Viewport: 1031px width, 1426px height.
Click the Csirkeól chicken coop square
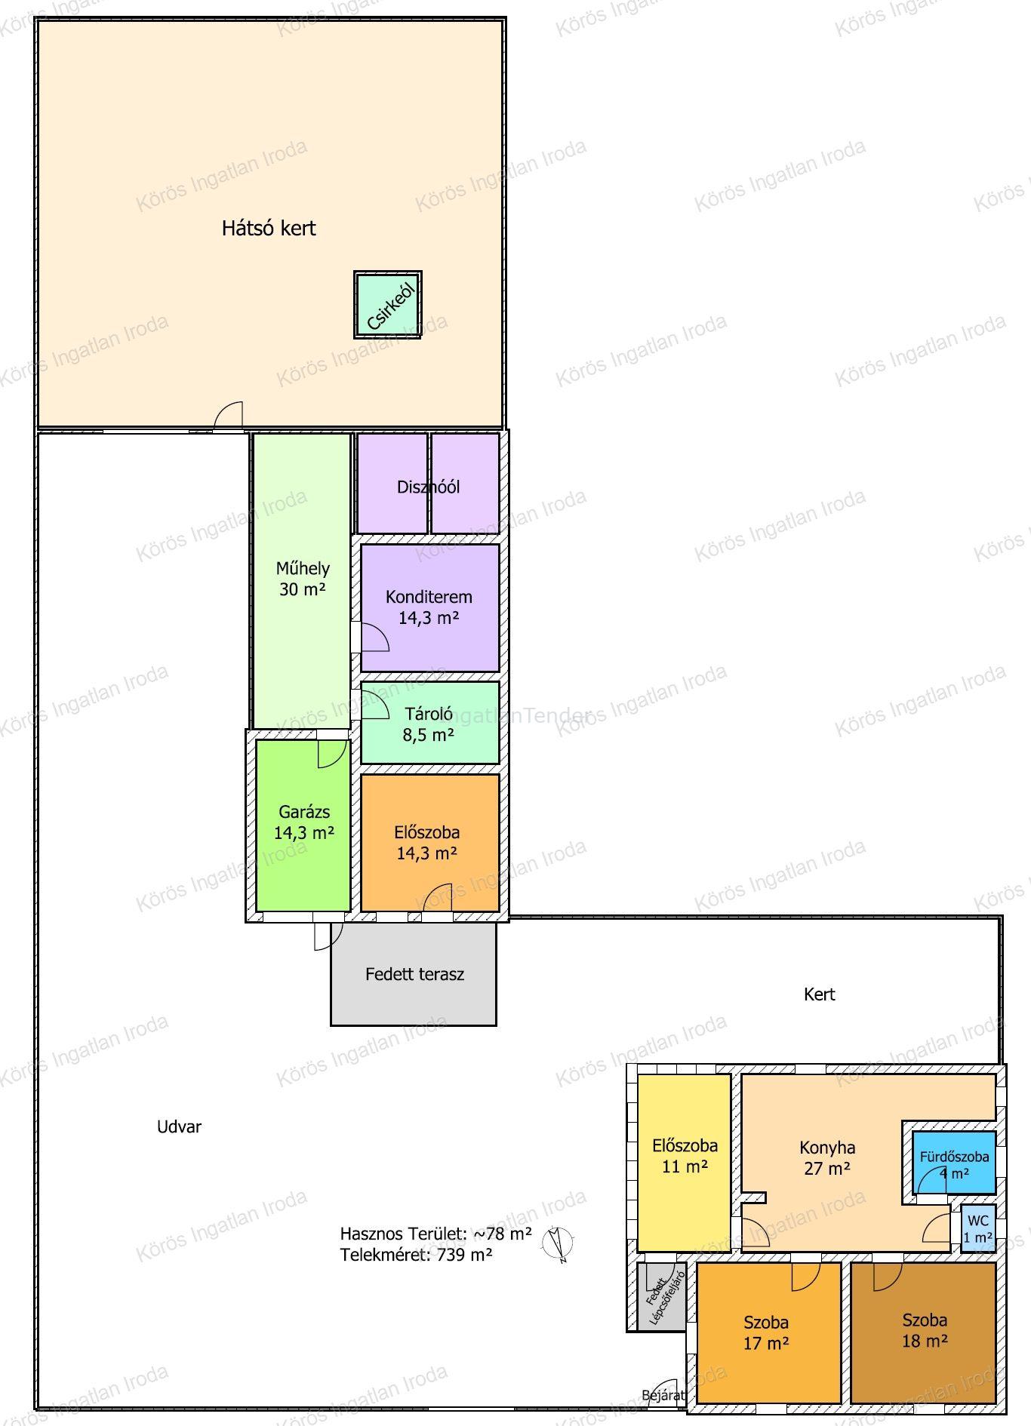[x=388, y=305]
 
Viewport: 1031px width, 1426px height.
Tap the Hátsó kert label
[x=269, y=228]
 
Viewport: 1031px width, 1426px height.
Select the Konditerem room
[x=429, y=607]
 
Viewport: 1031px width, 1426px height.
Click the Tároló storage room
[x=429, y=723]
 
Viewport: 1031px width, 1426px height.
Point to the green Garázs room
[x=303, y=825]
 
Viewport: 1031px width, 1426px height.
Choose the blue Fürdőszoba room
[x=954, y=1162]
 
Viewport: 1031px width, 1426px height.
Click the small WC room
[x=978, y=1228]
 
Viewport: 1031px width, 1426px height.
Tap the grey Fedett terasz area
[x=414, y=973]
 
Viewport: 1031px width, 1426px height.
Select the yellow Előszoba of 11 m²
[x=685, y=1163]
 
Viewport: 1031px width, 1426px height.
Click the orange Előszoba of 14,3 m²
[x=429, y=842]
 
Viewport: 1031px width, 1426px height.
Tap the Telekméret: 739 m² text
[x=416, y=1255]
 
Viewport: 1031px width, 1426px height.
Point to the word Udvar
[x=179, y=1126]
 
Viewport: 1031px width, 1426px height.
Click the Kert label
[x=820, y=994]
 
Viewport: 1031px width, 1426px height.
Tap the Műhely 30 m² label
[x=303, y=579]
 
